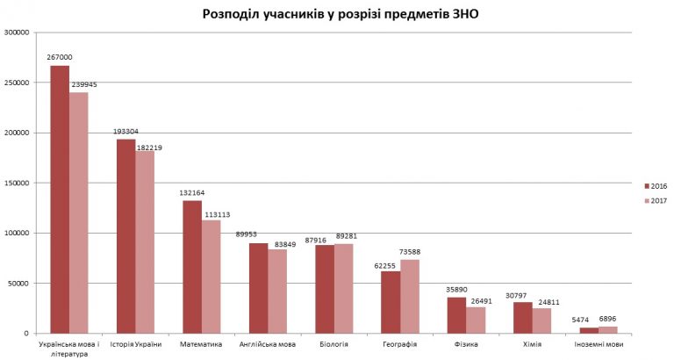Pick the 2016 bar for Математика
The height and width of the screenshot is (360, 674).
click(192, 267)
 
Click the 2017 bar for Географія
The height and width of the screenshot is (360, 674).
click(410, 296)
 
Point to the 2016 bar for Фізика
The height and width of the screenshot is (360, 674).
click(456, 315)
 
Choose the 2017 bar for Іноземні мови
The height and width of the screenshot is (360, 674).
click(608, 330)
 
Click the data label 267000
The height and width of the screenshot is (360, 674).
click(60, 57)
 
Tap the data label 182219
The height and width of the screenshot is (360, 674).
click(149, 148)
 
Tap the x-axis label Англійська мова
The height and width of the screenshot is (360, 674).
click(268, 344)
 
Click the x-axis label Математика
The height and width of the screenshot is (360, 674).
click(201, 344)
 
